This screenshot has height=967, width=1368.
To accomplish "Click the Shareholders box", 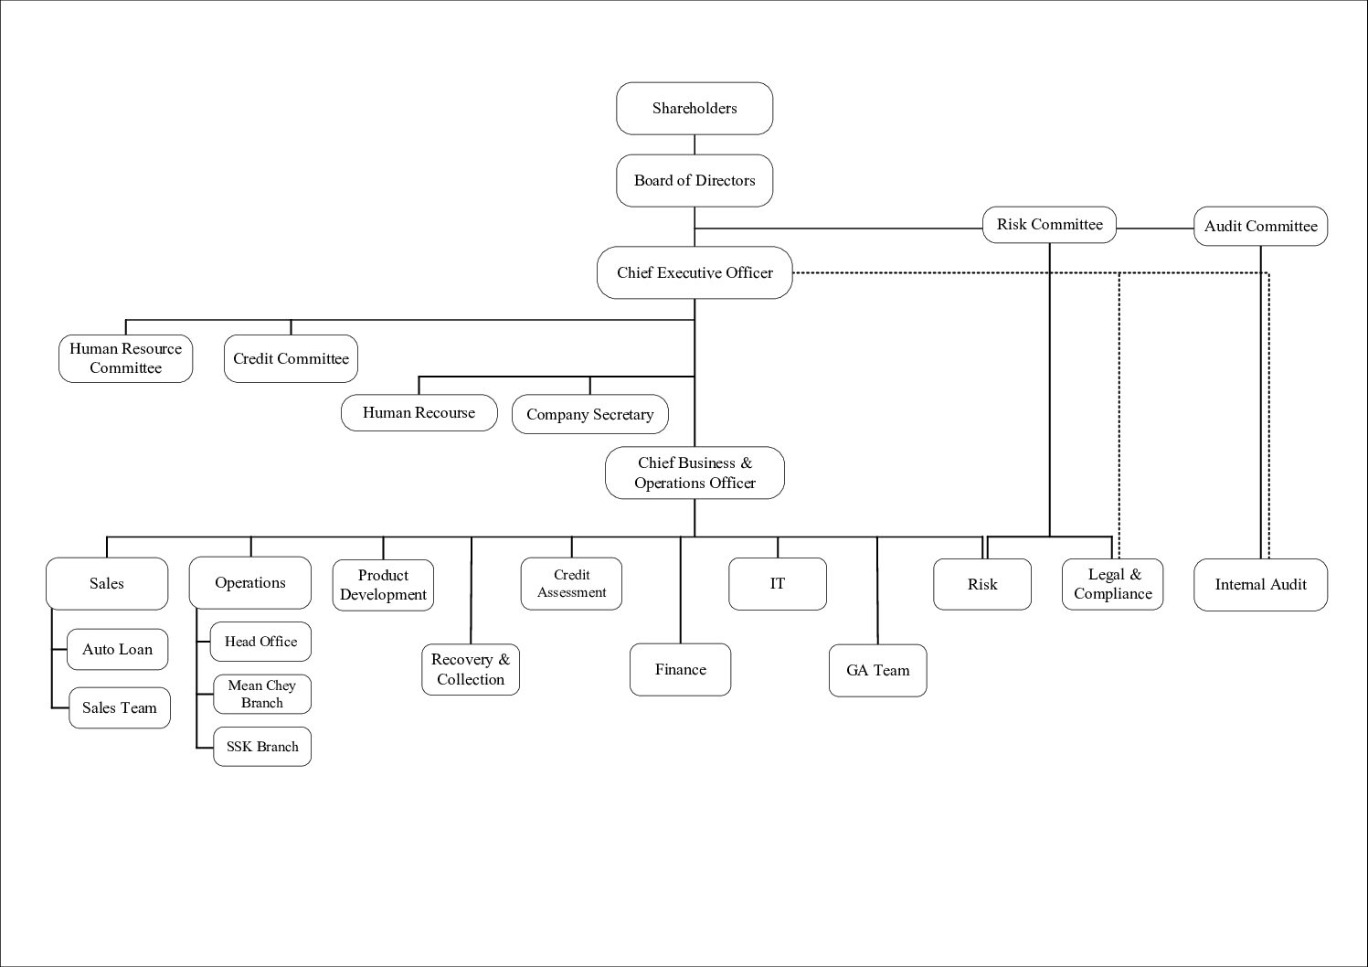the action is point(695,109).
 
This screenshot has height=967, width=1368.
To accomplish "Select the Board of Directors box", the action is point(695,181).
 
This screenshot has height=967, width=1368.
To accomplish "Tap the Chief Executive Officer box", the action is point(695,272).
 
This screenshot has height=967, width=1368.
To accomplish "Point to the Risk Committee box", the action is point(1049,225).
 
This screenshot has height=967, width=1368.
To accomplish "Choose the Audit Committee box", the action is point(1260,226).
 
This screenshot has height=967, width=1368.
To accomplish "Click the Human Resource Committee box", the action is point(126,358).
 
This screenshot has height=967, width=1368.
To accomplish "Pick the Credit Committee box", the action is point(291,358).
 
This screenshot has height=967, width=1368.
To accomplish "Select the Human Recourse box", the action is point(419,413).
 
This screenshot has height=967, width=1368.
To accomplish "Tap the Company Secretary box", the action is point(590,414).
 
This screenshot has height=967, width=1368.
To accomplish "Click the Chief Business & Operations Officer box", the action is point(695,473).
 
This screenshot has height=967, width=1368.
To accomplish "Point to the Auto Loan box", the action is point(117,649).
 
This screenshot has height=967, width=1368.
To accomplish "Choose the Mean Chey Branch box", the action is point(262,694).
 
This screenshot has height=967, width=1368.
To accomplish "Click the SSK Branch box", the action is point(262,747).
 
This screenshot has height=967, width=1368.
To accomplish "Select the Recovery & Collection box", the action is point(471,670).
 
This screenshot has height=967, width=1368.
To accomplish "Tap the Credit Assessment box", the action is point(571,584).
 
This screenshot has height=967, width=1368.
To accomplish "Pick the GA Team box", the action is point(877,670).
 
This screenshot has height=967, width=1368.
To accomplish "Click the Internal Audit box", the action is point(1260,585).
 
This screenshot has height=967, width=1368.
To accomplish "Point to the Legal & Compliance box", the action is point(1112,584).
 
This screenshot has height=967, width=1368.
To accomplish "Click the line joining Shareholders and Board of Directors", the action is point(695,144).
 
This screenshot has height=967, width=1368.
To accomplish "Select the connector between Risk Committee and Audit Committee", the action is point(1155,228).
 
